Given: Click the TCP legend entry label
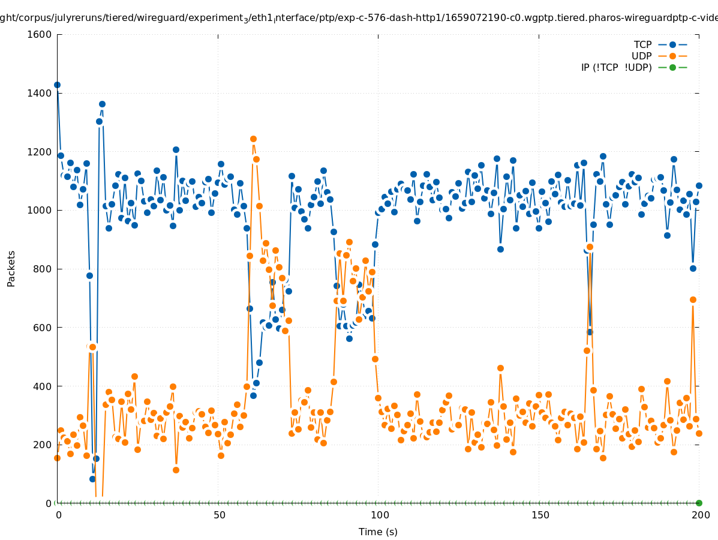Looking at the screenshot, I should [x=642, y=44].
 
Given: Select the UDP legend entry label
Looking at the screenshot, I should [x=641, y=56].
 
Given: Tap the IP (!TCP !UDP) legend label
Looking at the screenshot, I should [x=616, y=67].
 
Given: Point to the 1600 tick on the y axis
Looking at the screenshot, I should [x=40, y=34].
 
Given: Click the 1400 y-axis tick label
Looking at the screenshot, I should [x=40, y=93].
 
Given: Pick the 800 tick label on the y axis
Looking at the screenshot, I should [x=42, y=269].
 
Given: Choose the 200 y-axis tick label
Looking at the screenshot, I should [x=42, y=445].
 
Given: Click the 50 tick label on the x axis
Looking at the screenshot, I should [x=220, y=515].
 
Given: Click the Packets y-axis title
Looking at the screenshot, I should [x=11, y=268].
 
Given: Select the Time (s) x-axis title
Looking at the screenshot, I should [x=378, y=532].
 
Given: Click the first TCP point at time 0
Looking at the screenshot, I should [x=57, y=85].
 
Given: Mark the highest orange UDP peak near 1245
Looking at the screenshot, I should [x=253, y=139].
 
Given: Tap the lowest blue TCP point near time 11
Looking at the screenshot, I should [x=92, y=479].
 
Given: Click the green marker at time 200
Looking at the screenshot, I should [x=699, y=503].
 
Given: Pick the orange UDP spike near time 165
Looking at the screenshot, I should [x=590, y=247].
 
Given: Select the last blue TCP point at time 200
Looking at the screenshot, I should [x=699, y=185].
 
